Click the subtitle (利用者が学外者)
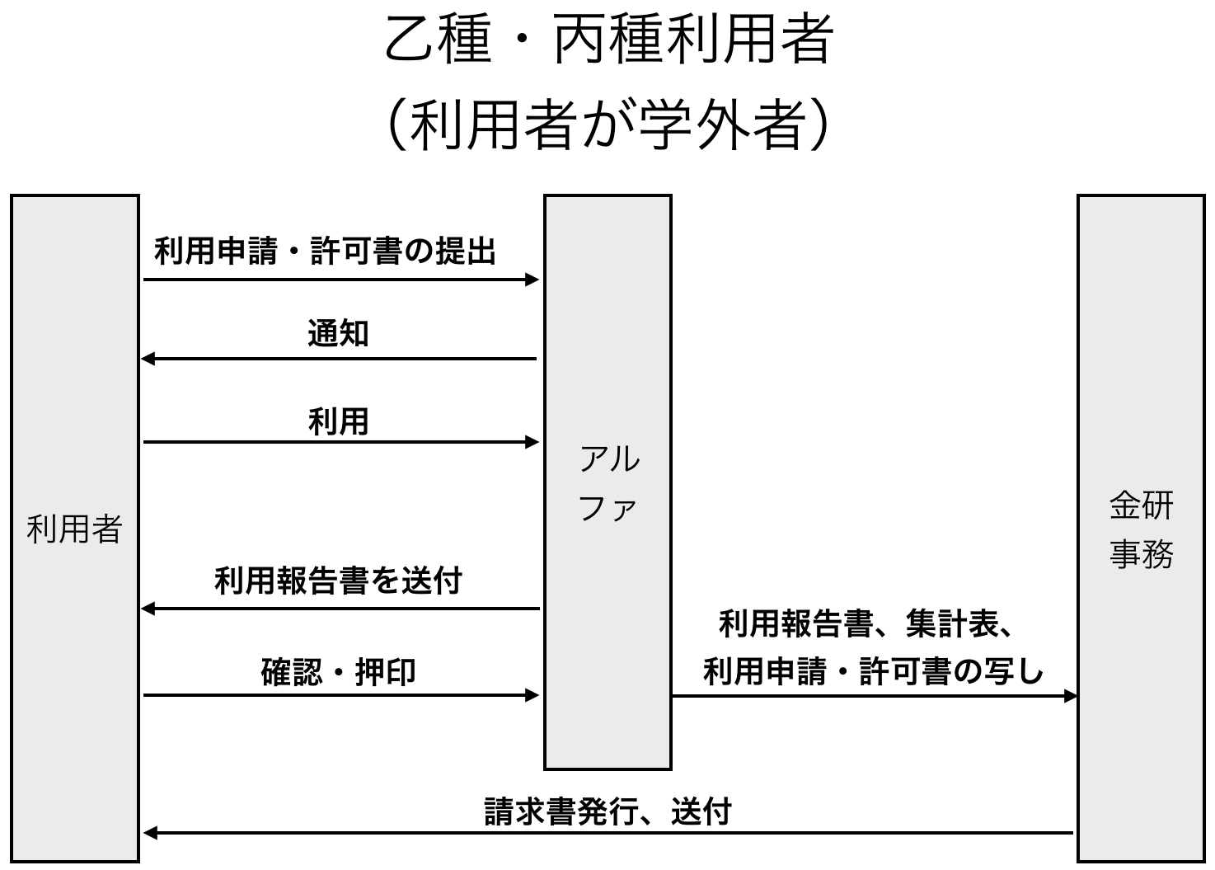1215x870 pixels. pyautogui.click(x=607, y=125)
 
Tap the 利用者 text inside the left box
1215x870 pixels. pyautogui.click(x=74, y=529)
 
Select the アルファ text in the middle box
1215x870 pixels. pyautogui.click(x=608, y=483)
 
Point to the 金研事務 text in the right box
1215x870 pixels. pyautogui.click(x=1141, y=529)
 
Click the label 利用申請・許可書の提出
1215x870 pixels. pyautogui.click(x=326, y=251)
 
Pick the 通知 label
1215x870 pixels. pyautogui.click(x=338, y=333)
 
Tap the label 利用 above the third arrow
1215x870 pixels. pyautogui.click(x=338, y=421)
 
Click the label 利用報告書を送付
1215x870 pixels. pyautogui.click(x=338, y=581)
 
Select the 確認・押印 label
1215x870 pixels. pyautogui.click(x=338, y=671)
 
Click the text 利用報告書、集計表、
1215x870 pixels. pyautogui.click(x=866, y=623)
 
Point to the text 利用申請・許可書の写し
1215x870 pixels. pyautogui.click(x=874, y=671)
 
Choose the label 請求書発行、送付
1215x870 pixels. pyautogui.click(x=607, y=811)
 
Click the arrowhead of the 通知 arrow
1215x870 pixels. pyautogui.click(x=148, y=359)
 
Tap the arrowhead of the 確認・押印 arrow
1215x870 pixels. pyautogui.click(x=532, y=695)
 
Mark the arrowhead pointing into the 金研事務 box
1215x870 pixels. pyautogui.click(x=1071, y=696)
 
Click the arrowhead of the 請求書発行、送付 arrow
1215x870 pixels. pyautogui.click(x=149, y=833)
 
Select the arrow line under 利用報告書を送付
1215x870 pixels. pyautogui.click(x=346, y=609)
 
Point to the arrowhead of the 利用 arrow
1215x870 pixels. pyautogui.click(x=532, y=442)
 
